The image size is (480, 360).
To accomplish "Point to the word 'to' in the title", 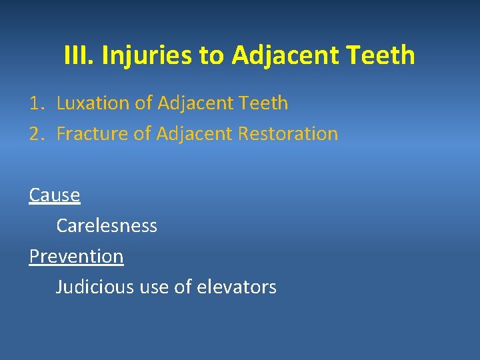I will pos(212,55).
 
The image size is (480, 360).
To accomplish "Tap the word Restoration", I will pos(291,134).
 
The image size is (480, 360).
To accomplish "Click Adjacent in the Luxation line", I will pos(196,103).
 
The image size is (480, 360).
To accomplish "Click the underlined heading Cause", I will pos(55,195).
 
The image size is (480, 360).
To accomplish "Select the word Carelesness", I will pos(107,226).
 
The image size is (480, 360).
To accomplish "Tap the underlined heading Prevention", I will pos(76,257).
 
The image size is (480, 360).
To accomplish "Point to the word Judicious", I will pos(95,287).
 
